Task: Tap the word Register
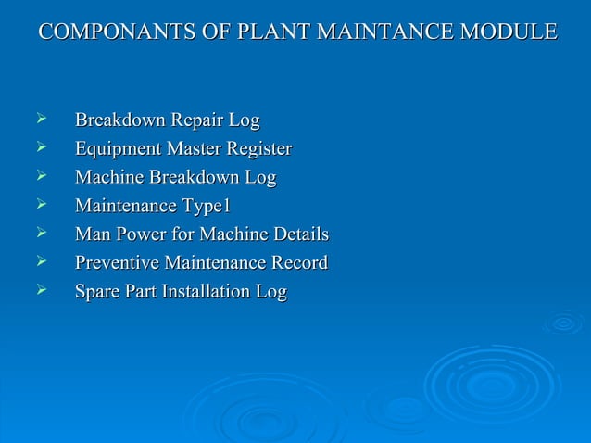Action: tap(258, 149)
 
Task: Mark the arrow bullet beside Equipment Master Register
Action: tap(40, 147)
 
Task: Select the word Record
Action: tap(298, 263)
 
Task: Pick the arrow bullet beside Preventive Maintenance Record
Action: tap(40, 262)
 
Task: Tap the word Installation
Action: tap(207, 292)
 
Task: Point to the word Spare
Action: tap(95, 293)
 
